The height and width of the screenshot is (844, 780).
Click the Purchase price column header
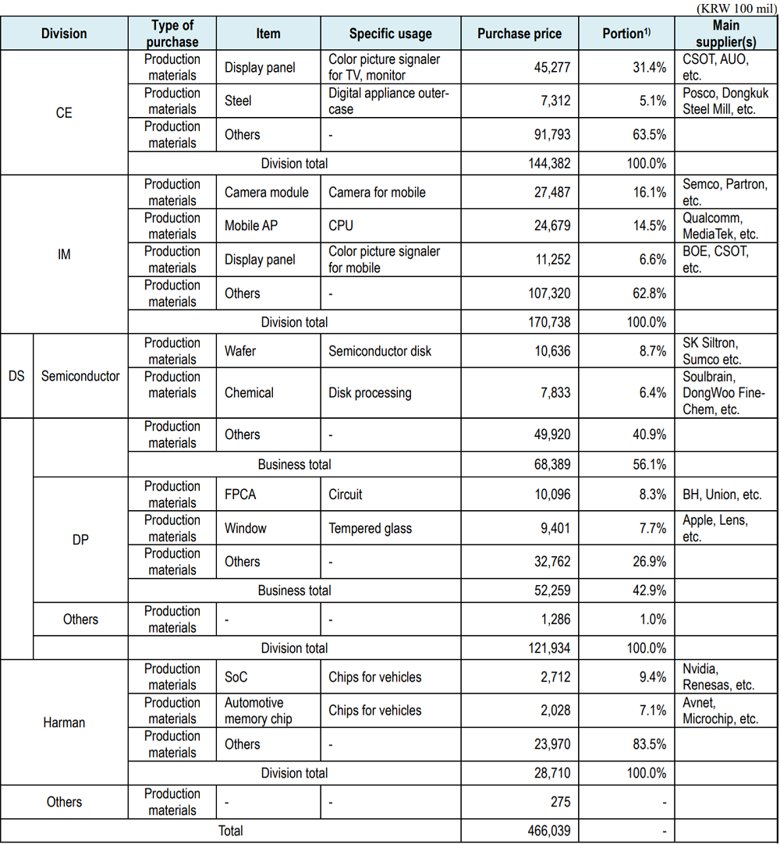pos(519,34)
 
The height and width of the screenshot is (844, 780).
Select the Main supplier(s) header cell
pos(725,34)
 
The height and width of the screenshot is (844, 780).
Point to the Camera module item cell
pos(267,192)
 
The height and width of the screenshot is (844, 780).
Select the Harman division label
pos(64,722)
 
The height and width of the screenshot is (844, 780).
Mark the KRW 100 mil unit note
pos(736,7)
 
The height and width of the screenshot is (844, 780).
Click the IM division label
pos(64,254)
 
